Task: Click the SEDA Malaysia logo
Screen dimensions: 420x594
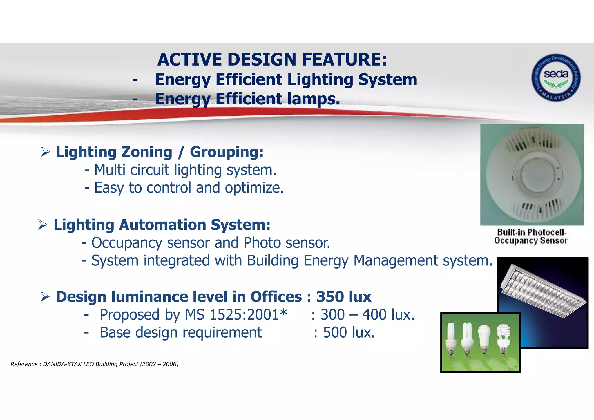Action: click(x=556, y=78)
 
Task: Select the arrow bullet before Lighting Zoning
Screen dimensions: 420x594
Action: click(x=45, y=152)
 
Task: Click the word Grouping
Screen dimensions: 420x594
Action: click(x=227, y=152)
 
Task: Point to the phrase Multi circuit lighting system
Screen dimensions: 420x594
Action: click(x=185, y=170)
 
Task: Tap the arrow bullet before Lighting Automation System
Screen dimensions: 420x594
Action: click(x=43, y=225)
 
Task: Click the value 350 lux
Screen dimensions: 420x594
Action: click(x=343, y=297)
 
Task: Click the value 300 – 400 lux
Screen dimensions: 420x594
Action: click(x=367, y=315)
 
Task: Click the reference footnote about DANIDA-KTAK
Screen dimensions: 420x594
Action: click(x=95, y=364)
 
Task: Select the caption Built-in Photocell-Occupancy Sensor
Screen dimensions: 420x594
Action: click(x=531, y=236)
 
